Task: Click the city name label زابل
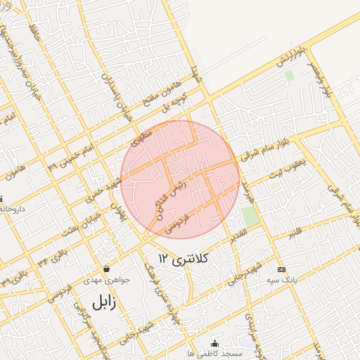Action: coord(103,303)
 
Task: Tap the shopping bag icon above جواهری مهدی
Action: coord(106,268)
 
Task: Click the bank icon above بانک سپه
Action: coord(282,269)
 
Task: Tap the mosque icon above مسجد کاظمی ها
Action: coord(214,342)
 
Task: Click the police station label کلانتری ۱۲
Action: coord(185,259)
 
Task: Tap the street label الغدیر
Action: coord(237,233)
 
